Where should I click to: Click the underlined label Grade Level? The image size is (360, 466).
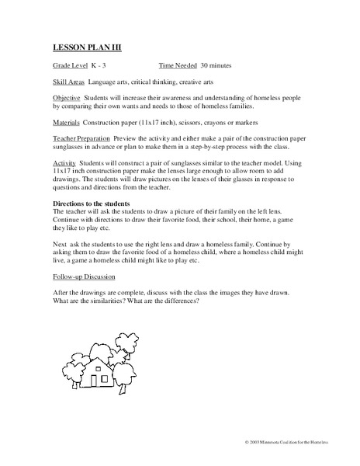(70, 67)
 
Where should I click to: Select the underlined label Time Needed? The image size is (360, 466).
(177, 67)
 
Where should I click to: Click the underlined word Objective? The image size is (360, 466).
(67, 99)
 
